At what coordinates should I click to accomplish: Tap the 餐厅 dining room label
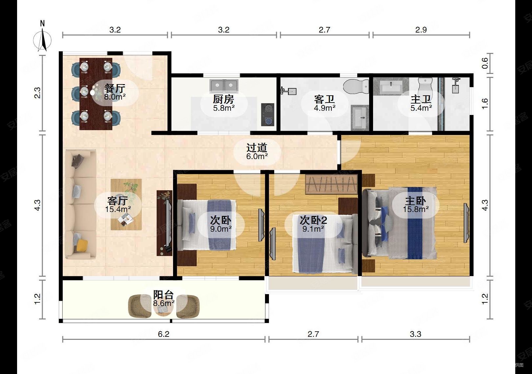click(x=115, y=89)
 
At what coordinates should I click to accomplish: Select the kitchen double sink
click(x=224, y=86)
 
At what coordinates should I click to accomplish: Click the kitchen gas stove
click(x=268, y=114)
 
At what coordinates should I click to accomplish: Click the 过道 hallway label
click(x=257, y=148)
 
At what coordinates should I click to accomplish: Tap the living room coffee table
click(x=126, y=204)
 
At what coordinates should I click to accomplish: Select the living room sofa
click(x=80, y=204)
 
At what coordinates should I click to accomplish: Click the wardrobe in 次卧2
click(x=331, y=184)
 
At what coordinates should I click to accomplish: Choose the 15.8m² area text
click(x=416, y=209)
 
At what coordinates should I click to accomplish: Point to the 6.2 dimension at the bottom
click(x=164, y=334)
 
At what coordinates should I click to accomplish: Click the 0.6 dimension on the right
click(x=485, y=63)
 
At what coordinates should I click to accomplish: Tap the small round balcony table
click(x=163, y=309)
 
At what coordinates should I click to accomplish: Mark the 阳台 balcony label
click(x=164, y=295)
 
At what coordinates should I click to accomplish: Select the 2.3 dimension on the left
click(x=37, y=93)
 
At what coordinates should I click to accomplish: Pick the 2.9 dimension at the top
click(x=421, y=30)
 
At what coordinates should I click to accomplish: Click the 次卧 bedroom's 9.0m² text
click(x=221, y=229)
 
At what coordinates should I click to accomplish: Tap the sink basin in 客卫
click(x=360, y=117)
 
